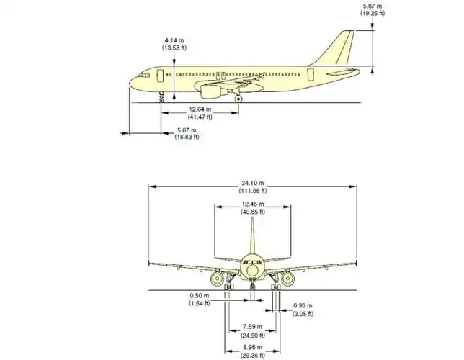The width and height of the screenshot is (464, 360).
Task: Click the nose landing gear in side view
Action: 161,96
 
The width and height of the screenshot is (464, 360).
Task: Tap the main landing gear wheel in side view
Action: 238,99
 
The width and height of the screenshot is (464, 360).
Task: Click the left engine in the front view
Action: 218,278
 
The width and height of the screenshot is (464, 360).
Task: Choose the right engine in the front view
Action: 287,278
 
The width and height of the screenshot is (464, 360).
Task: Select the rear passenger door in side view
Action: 311,73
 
